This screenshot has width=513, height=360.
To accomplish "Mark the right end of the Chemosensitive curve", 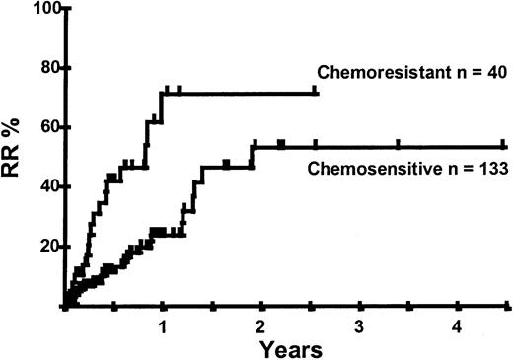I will [509, 145].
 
